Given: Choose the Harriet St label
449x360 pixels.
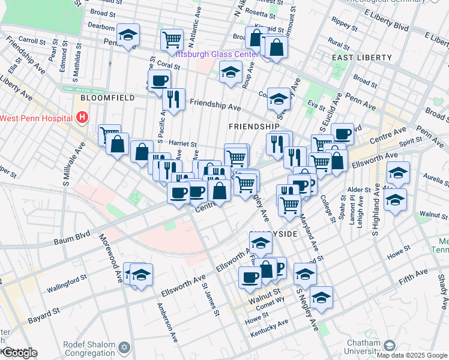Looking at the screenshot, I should (x=184, y=144).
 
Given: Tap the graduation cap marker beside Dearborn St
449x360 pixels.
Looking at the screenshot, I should (x=128, y=35).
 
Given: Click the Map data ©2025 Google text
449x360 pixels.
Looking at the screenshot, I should (x=412, y=355).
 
